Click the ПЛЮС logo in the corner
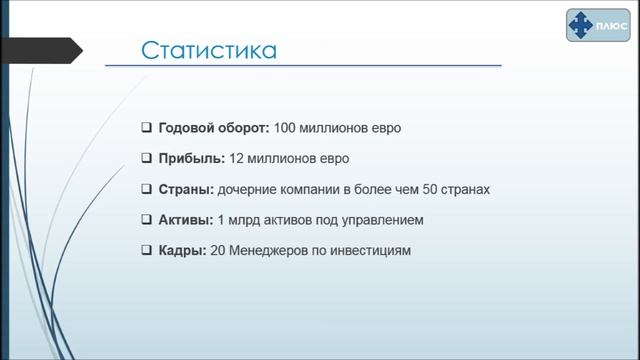596,24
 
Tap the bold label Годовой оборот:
213,128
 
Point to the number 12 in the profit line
237,159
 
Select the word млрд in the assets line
247,219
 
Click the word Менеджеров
272,250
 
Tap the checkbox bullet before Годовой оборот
146,128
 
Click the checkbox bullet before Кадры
146,250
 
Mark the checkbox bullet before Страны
146,189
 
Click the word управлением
387,219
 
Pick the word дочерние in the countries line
250,189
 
